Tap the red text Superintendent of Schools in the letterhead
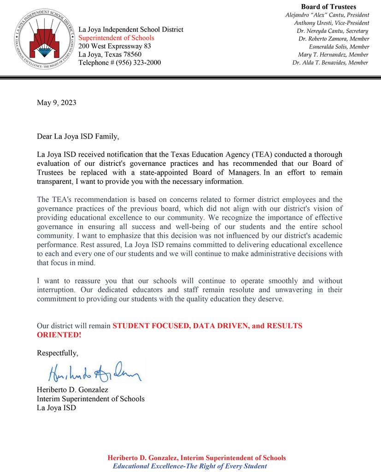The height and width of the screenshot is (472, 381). [116, 38]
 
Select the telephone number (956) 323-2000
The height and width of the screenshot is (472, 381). [138, 63]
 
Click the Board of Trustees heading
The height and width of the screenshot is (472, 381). [328, 6]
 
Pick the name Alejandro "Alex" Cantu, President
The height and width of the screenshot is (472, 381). [327, 15]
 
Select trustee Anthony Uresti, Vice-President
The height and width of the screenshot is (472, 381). [331, 23]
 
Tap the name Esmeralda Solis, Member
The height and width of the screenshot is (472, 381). [339, 47]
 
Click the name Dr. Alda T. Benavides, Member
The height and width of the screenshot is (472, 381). [330, 62]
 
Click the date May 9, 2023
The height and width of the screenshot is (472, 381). [56, 102]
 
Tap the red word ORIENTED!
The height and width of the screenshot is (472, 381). [59, 335]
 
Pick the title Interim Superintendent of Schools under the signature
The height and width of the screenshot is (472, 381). [90, 399]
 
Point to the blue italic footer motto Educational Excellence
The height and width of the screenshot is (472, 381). [190, 466]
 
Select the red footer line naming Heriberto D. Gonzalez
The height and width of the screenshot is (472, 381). [197, 458]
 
